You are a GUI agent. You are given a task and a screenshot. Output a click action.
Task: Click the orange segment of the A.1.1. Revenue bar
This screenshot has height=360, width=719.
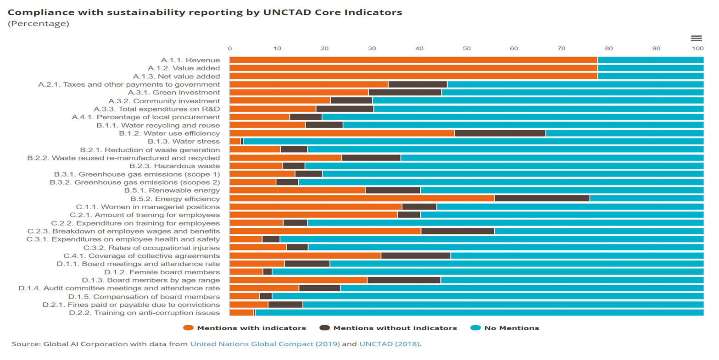[413, 60]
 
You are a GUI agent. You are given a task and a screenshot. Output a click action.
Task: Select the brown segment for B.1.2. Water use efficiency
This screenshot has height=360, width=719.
[500, 133]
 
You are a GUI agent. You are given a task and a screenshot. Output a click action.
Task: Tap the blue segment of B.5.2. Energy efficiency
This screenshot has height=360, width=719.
[647, 199]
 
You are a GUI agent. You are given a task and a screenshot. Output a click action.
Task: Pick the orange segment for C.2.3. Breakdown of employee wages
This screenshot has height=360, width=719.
[325, 231]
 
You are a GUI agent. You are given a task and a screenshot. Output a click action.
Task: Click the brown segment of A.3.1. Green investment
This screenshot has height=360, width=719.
[405, 93]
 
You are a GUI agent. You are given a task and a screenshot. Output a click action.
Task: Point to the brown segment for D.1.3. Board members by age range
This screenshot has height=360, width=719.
[404, 280]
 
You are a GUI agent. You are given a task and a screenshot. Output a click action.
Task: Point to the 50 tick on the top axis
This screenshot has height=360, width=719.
[467, 48]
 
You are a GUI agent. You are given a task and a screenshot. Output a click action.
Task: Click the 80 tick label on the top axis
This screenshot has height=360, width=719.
[609, 48]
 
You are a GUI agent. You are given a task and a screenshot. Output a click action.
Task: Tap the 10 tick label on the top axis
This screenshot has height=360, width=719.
[277, 48]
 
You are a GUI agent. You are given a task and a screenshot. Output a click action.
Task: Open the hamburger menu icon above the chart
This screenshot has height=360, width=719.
[696, 38]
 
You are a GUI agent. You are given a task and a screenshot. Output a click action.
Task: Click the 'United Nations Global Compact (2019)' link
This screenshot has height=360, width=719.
[265, 344]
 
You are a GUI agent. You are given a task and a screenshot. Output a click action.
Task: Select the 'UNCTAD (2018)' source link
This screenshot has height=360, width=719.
[389, 344]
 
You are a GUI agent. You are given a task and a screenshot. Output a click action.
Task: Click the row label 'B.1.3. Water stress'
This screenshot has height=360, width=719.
[184, 142]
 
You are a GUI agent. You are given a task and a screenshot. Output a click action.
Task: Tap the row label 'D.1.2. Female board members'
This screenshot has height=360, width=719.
[162, 272]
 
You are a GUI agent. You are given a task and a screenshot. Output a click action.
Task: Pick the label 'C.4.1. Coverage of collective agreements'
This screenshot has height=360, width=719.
[141, 256]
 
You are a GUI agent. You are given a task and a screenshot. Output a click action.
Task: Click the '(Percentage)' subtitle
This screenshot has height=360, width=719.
[39, 24]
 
